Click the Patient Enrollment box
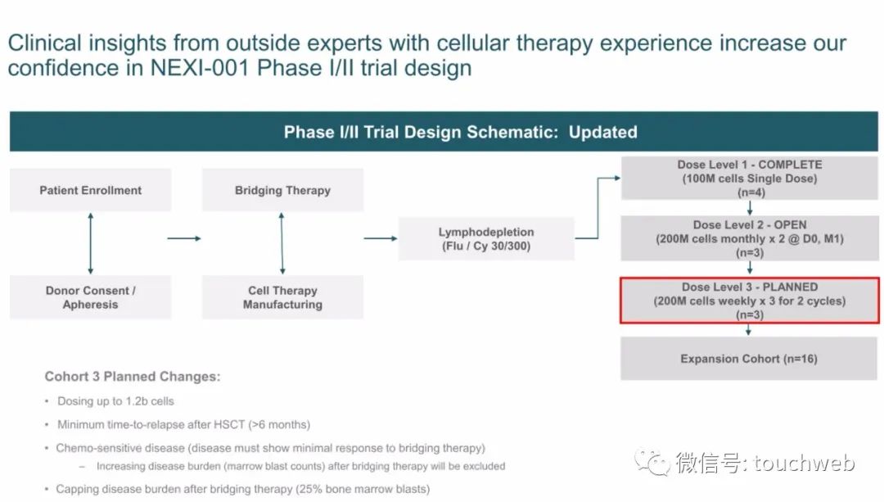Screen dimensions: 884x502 pos(91,190)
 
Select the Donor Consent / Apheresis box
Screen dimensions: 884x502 pos(91,297)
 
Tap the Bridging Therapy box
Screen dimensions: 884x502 pos(283,190)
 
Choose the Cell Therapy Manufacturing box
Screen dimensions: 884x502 pos(283,297)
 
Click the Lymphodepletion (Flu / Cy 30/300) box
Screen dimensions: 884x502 pos(486,238)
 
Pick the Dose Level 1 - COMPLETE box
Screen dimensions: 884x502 pos(750,179)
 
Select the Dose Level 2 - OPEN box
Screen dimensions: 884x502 pos(750,238)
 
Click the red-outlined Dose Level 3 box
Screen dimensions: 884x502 pos(750,301)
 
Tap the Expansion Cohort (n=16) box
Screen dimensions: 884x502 pos(749,359)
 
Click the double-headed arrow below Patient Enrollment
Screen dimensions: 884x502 pos(91,244)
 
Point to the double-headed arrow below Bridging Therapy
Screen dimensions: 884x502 pos(282,244)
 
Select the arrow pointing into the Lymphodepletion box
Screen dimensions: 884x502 pos(381,238)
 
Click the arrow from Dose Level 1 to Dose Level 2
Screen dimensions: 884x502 pos(750,208)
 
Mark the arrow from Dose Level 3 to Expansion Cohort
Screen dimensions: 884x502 pos(748,330)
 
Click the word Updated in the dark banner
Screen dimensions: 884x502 pos(602,132)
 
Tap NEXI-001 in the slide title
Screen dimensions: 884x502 pos(200,68)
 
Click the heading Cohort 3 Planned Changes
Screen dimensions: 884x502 pos(133,376)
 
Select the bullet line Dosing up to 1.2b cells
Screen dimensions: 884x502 pos(115,401)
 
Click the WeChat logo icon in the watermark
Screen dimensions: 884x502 pos(652,463)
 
